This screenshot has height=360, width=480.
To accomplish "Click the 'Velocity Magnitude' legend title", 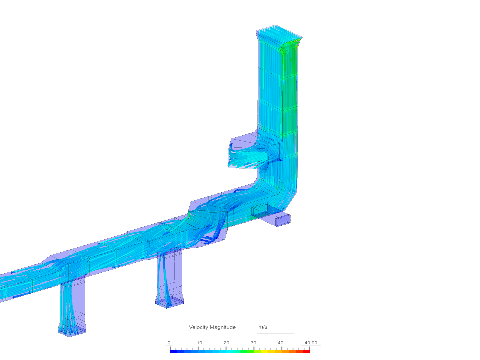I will (x=212, y=327).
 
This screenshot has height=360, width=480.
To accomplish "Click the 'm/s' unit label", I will (x=263, y=327).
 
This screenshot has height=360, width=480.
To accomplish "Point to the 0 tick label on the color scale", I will (x=169, y=343).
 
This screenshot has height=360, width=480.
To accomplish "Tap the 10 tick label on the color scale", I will (x=199, y=343).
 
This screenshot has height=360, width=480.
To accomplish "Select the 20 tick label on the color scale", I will (x=226, y=343).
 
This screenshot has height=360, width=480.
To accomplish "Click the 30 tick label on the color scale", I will (x=253, y=343).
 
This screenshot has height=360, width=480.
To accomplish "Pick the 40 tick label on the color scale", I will (x=281, y=343).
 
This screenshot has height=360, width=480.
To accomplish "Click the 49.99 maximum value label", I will (x=311, y=343).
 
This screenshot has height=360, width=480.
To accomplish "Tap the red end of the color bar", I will (x=306, y=351).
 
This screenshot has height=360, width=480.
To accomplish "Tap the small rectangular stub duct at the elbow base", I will (x=279, y=219).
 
